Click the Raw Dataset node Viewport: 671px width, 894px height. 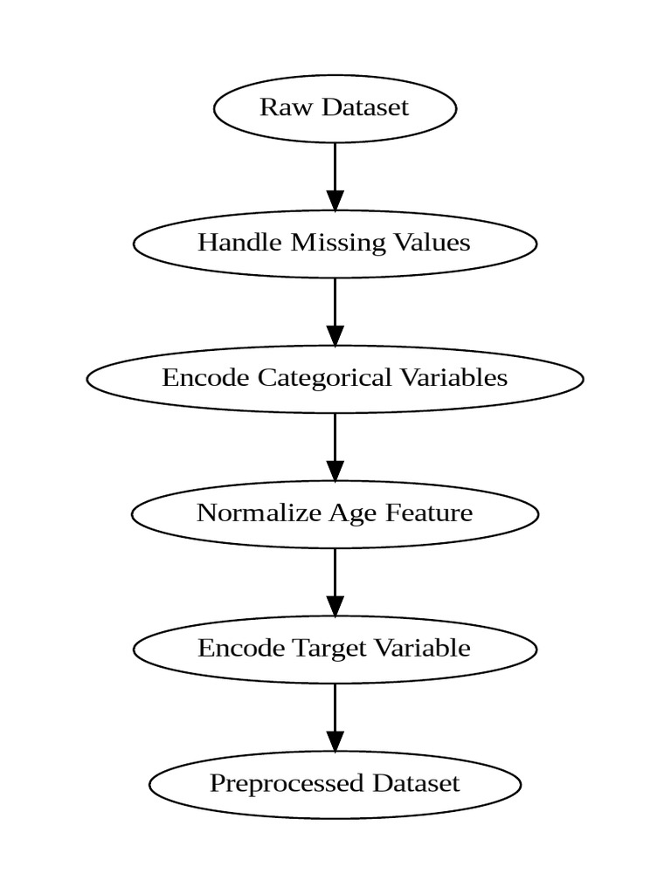(x=335, y=108)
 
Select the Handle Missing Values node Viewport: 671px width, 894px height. (x=335, y=243)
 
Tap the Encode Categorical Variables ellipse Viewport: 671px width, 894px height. (x=335, y=378)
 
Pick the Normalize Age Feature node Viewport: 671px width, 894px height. (x=335, y=513)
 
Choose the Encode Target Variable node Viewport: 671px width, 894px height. (x=335, y=649)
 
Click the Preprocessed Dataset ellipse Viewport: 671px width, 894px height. (x=335, y=784)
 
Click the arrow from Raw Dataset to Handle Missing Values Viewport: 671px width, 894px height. (x=335, y=175)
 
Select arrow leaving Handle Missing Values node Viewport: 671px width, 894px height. (x=335, y=311)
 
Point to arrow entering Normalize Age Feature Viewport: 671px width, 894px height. (x=335, y=446)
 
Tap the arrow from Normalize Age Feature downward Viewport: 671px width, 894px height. (x=335, y=581)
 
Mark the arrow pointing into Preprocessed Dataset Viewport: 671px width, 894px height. (x=335, y=717)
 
